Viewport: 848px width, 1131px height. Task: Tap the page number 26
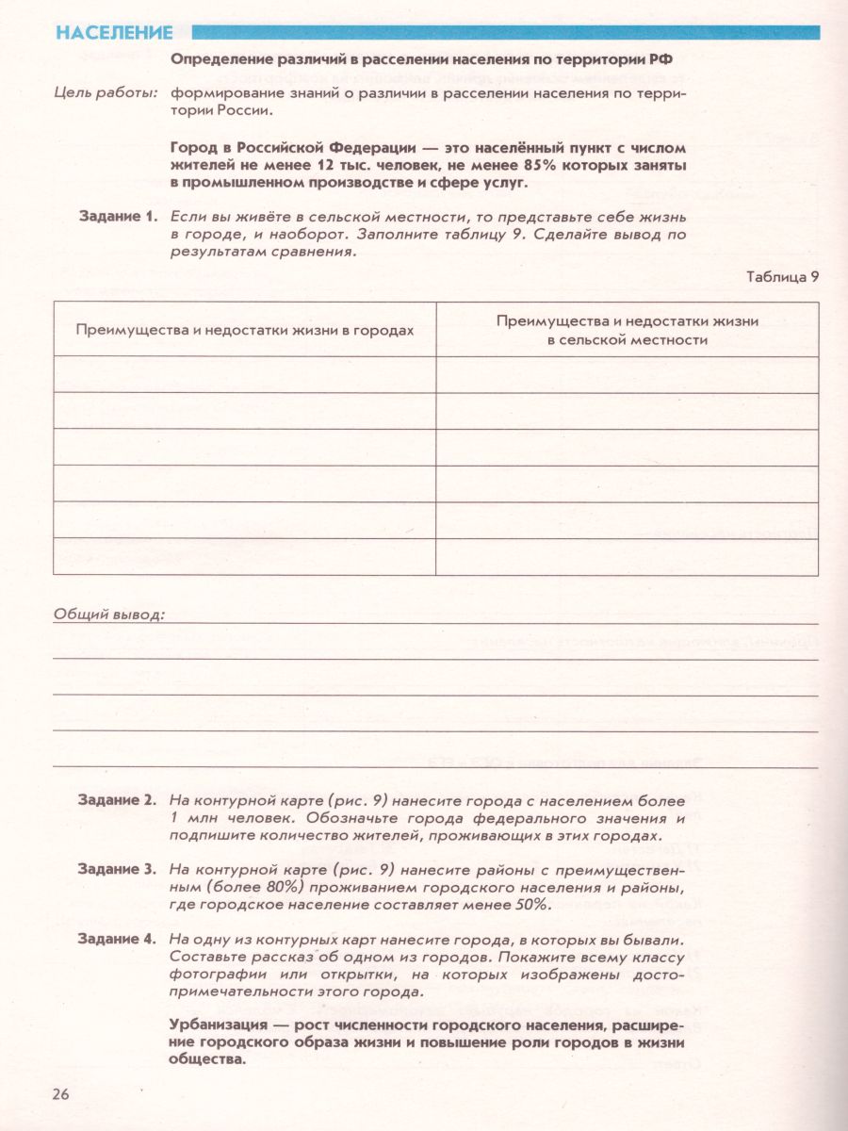(61, 1094)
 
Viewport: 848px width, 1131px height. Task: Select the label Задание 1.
(117, 217)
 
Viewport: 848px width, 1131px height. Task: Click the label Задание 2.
(117, 800)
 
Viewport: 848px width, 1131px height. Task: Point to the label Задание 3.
(117, 870)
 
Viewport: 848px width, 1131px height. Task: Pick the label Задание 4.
(117, 940)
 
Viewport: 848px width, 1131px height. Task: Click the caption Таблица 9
(782, 277)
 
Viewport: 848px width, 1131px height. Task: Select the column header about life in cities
(245, 331)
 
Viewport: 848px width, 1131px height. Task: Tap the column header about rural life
(628, 330)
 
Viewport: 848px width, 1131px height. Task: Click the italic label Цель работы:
(106, 92)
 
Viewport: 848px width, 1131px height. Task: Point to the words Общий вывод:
(109, 615)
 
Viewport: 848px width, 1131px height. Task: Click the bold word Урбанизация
(218, 1024)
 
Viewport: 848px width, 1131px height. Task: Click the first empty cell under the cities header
(245, 375)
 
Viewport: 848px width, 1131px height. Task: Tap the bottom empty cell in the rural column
(628, 555)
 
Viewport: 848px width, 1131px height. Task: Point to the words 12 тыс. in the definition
(315, 165)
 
